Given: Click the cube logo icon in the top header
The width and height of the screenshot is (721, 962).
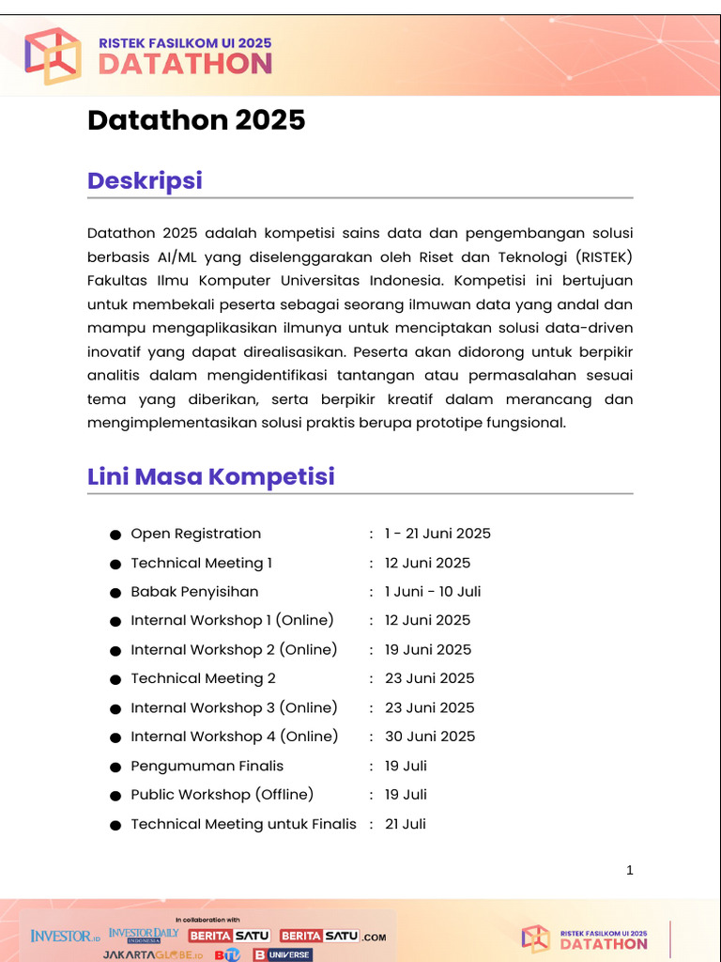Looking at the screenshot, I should click(x=53, y=55).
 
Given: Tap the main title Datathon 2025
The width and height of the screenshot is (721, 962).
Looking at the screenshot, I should click(x=196, y=120).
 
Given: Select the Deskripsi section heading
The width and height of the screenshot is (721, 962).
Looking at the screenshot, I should click(x=145, y=180).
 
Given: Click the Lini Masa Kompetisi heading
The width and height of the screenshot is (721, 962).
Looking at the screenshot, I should click(x=211, y=476).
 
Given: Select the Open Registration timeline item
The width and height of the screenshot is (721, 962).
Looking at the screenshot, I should click(x=195, y=534).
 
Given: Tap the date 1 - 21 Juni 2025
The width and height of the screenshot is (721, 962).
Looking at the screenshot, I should click(x=437, y=534).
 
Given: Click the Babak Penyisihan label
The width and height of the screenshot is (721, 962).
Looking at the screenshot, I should click(x=194, y=592).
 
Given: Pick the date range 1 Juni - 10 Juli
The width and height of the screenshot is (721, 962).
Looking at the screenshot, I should click(x=433, y=592).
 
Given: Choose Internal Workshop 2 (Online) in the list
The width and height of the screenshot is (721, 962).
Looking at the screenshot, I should click(x=234, y=649).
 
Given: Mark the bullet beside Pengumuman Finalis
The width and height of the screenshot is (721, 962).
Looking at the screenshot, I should click(x=115, y=768).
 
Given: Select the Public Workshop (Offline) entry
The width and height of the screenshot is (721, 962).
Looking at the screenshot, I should click(x=222, y=795).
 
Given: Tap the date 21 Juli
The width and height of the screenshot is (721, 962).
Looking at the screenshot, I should click(x=406, y=824).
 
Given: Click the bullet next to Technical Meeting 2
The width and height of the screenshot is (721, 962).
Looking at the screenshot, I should click(x=115, y=680).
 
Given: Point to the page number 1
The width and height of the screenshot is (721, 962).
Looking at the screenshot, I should click(x=630, y=871).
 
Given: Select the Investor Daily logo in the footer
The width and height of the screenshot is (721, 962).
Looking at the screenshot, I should click(x=144, y=935).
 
